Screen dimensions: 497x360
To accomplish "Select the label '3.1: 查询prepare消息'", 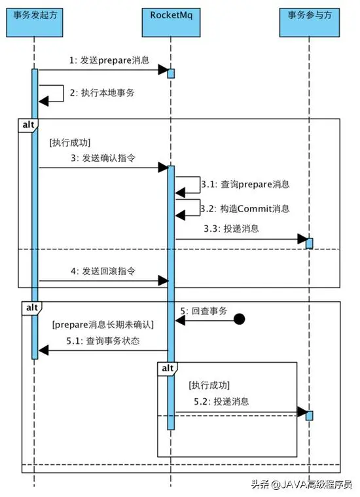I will [x=245, y=184].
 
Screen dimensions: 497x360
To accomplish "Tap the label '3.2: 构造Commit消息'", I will [x=245, y=208].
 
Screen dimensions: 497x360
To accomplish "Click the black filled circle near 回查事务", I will [x=240, y=320].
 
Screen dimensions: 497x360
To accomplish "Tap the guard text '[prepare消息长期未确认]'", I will [x=102, y=324].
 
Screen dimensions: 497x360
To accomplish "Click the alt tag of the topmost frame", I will [x=28, y=124].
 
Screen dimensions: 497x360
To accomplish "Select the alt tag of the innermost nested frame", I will [x=168, y=368].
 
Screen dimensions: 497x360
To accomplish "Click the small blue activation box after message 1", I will [x=171, y=73].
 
